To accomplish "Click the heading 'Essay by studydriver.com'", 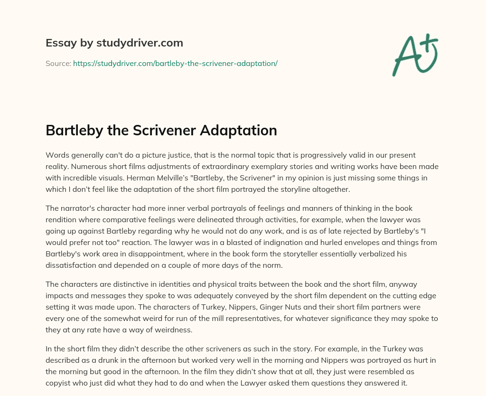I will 114,43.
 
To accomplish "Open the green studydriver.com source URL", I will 175,63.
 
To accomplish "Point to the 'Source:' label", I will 58,63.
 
